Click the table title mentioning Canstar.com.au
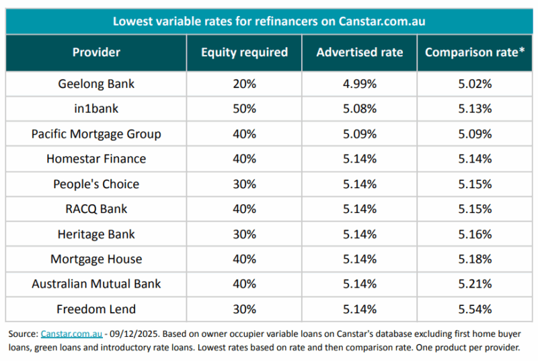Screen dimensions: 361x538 pos(269,21)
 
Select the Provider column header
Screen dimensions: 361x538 pos(96,52)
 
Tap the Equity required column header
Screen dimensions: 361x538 pos(244,52)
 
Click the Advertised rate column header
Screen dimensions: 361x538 pos(359,52)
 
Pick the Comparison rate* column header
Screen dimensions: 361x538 pos(475,52)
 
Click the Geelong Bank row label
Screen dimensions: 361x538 pos(96,84)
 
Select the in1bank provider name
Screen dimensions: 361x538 pos(96,109)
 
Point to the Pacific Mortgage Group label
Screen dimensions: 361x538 pos(96,134)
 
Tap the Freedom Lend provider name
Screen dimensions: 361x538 pos(96,309)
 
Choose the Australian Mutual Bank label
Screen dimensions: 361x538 pos(96,284)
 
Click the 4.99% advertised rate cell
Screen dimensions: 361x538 pos(359,84)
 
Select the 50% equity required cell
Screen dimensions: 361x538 pos(244,109)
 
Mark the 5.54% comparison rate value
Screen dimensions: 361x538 pos(475,309)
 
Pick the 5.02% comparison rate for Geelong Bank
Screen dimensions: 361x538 pos(475,84)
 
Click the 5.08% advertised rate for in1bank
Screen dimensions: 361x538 pos(359,109)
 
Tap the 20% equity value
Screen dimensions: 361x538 pos(244,84)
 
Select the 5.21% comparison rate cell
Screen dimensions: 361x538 pos(475,284)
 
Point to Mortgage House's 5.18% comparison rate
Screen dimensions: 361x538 pos(475,259)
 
